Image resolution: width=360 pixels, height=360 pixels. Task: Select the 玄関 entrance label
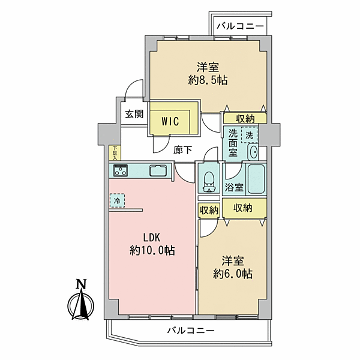tap(134, 114)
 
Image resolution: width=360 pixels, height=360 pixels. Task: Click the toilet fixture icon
tap(208, 181)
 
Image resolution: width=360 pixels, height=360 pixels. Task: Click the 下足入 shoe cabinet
tap(115, 152)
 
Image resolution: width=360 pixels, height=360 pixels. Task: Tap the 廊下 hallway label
tap(182, 151)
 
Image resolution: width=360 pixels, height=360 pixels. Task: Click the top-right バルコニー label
tap(240, 26)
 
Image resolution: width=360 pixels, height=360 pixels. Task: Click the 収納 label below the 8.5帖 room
tap(245, 118)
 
